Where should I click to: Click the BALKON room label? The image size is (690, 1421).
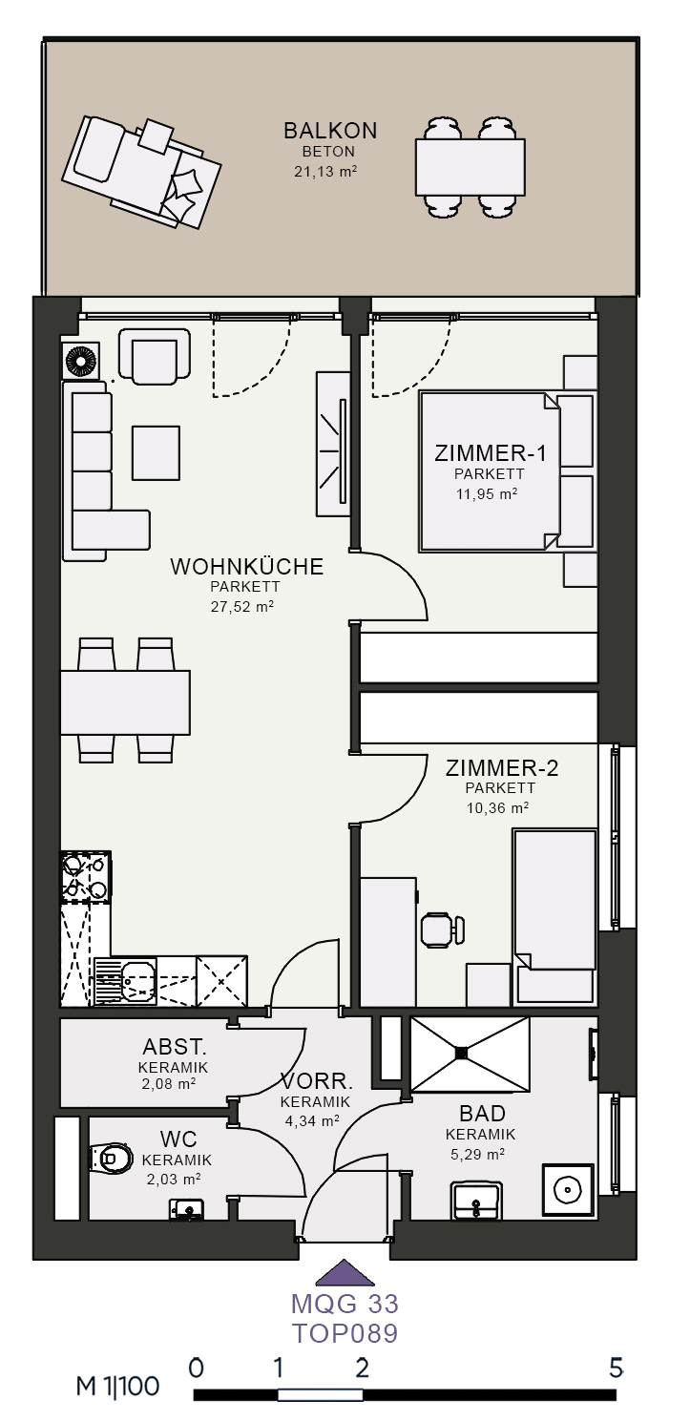330,131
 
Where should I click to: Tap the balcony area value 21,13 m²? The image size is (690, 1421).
325,171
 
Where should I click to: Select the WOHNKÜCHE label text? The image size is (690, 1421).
246,566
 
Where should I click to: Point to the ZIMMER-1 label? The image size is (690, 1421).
491,453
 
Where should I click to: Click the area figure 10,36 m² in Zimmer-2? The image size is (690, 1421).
498,807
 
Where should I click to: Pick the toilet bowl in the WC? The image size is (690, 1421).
111,1159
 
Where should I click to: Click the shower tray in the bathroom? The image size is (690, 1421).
470,1054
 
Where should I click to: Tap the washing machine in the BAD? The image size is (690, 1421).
568,1190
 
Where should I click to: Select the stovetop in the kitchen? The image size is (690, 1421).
86,877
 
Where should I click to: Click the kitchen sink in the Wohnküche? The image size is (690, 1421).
126,981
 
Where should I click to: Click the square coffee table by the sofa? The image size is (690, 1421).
156,453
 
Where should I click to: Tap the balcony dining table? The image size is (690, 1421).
470,167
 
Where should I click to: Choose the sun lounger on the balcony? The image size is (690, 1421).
141,172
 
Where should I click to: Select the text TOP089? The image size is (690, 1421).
345,1333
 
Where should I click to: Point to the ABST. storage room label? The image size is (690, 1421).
175,1046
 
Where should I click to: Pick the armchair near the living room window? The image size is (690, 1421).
155,357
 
